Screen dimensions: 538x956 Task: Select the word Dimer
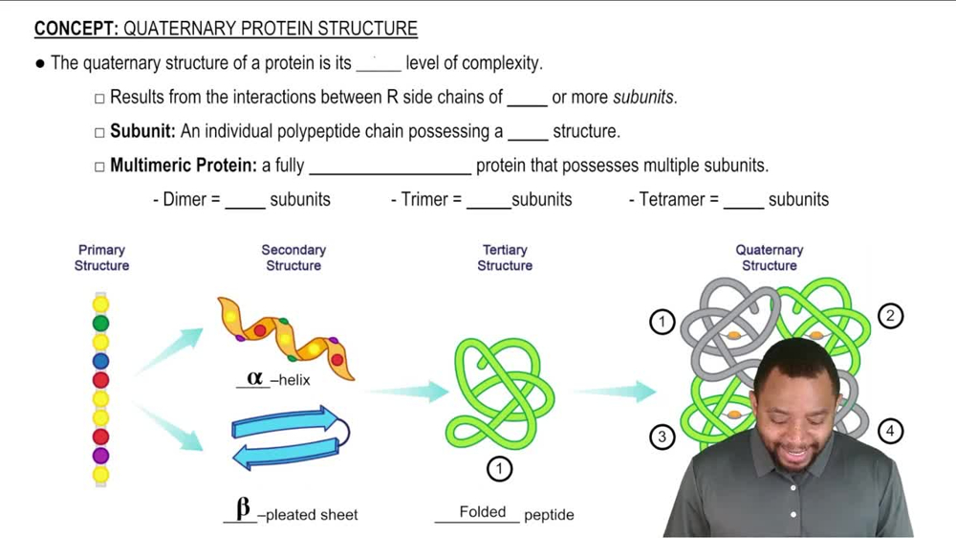[185, 200]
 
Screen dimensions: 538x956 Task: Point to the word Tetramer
[672, 200]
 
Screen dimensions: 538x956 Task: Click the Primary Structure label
[101, 258]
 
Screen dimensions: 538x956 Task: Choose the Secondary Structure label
[293, 258]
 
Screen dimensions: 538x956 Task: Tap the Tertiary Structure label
[505, 258]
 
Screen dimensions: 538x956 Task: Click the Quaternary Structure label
[770, 258]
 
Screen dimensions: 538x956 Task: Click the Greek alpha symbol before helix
[254, 378]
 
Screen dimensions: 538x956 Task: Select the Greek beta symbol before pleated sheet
[243, 508]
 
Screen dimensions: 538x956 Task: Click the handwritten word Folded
[483, 512]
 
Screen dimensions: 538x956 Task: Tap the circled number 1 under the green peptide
[499, 468]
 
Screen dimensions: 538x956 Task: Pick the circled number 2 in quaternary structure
[890, 316]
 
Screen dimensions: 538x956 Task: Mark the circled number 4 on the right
[890, 431]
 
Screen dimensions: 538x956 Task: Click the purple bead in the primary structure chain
[100, 456]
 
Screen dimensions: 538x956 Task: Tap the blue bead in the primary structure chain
[100, 361]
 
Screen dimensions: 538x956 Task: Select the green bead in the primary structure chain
[100, 324]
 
